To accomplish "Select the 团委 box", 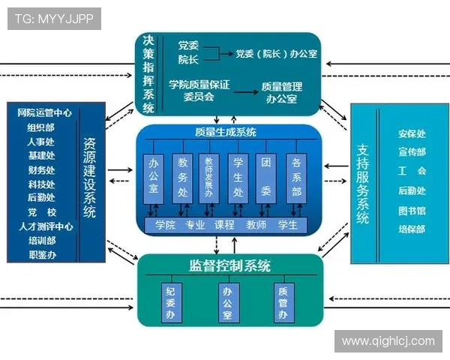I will (266, 178).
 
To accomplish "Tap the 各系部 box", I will (296, 178).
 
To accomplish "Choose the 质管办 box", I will (283, 301).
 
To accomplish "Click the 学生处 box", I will (238, 178).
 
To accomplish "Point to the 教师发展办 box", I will (211, 178).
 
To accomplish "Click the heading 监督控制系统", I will (229, 265).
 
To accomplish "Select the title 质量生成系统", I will (225, 133).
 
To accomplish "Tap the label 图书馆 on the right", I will (412, 211).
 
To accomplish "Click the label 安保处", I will (412, 134).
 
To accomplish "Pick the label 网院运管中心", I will (44, 113).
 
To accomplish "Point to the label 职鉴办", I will (42, 255).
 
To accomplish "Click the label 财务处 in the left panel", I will (42, 169).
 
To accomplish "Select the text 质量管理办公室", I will (281, 92).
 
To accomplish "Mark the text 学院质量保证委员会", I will (199, 91).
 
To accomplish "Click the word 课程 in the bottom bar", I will (225, 224).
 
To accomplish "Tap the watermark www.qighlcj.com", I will (388, 341).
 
